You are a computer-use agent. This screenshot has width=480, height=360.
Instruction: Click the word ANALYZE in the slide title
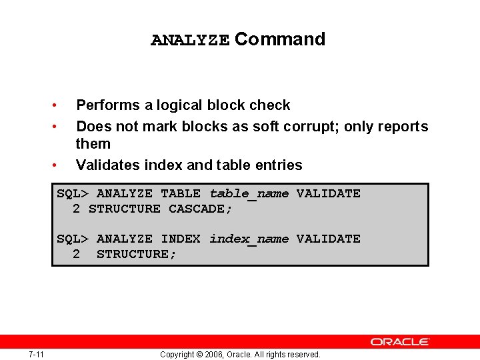tap(190, 40)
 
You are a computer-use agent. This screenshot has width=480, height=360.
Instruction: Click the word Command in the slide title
tap(280, 39)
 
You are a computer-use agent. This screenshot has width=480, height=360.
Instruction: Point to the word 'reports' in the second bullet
tap(403, 127)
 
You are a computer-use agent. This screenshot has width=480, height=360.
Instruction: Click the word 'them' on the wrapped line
tap(93, 144)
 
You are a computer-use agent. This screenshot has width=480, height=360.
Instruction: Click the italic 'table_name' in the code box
tap(249, 194)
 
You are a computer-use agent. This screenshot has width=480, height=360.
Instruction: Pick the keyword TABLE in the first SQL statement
tap(180, 194)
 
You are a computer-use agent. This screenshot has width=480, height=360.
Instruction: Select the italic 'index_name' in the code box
tap(249, 239)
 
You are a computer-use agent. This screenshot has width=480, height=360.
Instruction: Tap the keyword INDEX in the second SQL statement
tap(180, 239)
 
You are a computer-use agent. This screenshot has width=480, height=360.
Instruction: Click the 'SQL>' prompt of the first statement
tap(72, 194)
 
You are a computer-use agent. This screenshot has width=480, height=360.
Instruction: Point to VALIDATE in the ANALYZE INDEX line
tap(328, 239)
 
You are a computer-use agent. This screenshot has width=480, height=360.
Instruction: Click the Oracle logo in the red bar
tap(400, 341)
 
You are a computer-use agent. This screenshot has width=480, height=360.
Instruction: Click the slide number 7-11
tap(36, 354)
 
